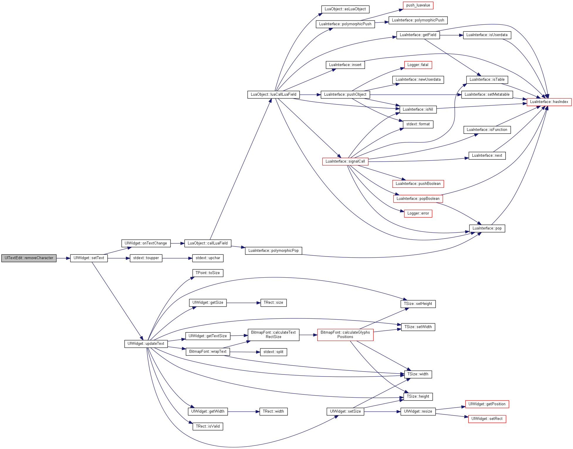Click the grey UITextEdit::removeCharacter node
click(29, 258)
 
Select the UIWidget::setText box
click(89, 258)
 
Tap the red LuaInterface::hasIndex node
click(549, 102)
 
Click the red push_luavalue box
click(418, 5)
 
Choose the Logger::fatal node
click(418, 65)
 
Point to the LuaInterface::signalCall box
click(345, 161)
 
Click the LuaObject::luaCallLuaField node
click(273, 94)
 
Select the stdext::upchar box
click(208, 258)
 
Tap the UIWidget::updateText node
click(146, 344)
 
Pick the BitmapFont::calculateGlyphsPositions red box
click(345, 335)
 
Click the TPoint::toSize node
click(208, 273)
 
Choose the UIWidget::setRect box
click(487, 419)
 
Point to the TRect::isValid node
click(208, 426)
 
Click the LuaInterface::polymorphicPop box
click(273, 251)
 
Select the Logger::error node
click(418, 213)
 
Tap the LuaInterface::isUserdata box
click(487, 35)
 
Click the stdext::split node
click(273, 352)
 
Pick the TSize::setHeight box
click(418, 304)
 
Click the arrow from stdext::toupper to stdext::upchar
click(177, 258)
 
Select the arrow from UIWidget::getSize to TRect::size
click(244, 303)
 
